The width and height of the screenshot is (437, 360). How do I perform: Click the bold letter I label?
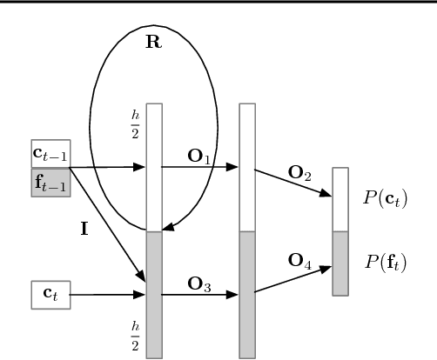pyautogui.click(x=84, y=234)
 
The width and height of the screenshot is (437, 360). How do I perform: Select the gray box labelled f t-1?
pyautogui.click(x=50, y=183)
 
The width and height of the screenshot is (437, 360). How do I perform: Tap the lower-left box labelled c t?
pyautogui.click(x=50, y=294)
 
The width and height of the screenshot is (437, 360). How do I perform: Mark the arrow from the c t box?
pyautogui.click(x=106, y=294)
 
